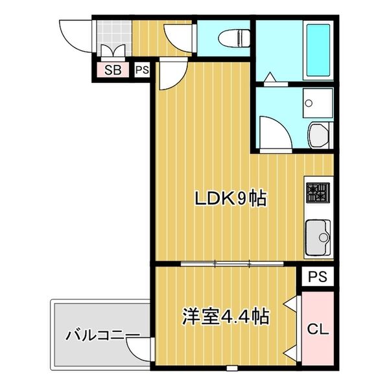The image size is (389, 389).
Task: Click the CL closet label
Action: tap(317, 330)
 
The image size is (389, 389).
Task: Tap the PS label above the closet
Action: tap(317, 277)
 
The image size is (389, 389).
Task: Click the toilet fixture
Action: tap(233, 39)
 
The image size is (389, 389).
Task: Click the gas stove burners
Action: tap(318, 191)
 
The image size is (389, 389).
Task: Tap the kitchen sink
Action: tap(317, 235)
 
